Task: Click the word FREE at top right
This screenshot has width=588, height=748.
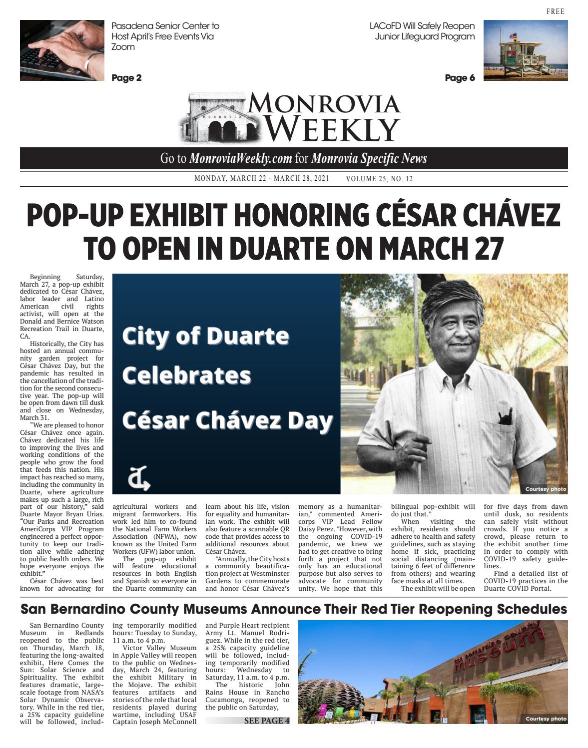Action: (555, 11)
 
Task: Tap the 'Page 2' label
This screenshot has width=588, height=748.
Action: (126, 78)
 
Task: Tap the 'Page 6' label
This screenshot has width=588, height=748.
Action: (460, 78)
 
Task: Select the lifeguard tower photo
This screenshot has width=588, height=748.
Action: (525, 50)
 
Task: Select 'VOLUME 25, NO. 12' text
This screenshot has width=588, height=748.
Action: (379, 179)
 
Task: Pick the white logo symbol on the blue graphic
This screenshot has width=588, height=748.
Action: (139, 479)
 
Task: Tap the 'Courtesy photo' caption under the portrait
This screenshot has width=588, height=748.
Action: (546, 489)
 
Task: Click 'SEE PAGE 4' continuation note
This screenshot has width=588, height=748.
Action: (266, 721)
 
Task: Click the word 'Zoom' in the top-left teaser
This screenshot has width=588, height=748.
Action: (123, 47)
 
